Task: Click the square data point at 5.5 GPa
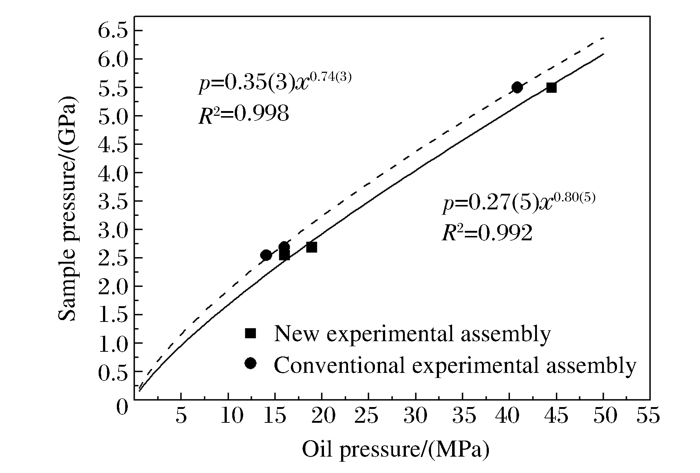[x=551, y=87]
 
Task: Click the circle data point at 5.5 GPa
[x=517, y=87]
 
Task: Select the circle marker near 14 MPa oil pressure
[x=266, y=255]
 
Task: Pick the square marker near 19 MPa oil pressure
[x=311, y=247]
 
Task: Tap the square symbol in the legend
[x=250, y=333]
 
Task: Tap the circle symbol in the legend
[x=250, y=363]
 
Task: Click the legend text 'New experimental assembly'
[x=412, y=333]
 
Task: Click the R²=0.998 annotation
[x=244, y=114]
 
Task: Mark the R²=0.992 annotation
[x=487, y=233]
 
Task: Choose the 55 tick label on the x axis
[x=648, y=415]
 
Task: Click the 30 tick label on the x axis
[x=415, y=415]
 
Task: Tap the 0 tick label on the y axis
[x=122, y=406]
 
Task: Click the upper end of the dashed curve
[x=603, y=38]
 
